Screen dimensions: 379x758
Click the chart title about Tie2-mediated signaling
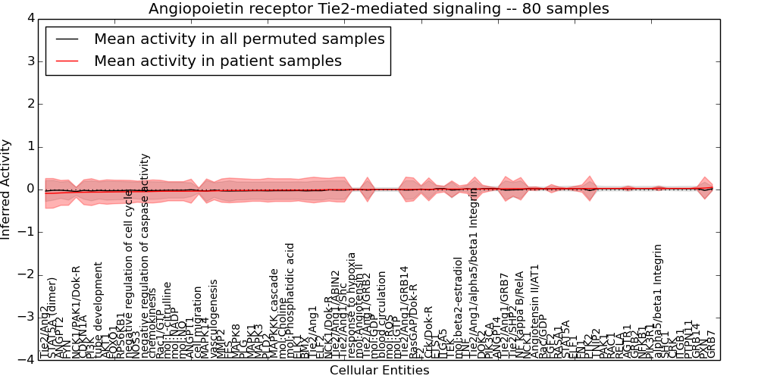click(x=378, y=9)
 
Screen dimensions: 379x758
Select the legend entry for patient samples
click(x=218, y=61)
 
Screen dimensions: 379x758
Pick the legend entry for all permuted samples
click(x=239, y=39)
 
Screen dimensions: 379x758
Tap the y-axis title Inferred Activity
click(x=7, y=189)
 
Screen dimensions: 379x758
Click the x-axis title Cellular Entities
click(x=379, y=371)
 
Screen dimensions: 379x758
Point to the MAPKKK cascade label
click(x=275, y=312)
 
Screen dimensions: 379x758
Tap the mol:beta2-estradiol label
click(x=459, y=306)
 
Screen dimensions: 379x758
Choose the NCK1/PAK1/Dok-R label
click(x=76, y=311)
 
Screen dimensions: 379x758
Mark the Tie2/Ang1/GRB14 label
click(x=405, y=311)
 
